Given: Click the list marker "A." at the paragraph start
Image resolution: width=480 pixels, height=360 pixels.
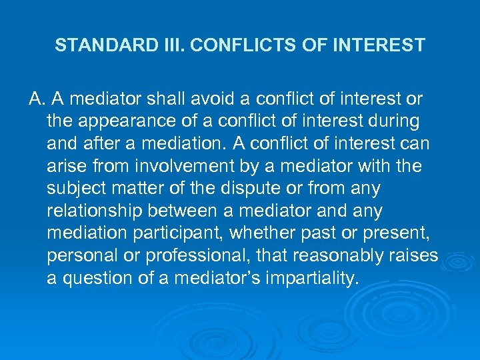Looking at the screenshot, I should (x=37, y=99).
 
